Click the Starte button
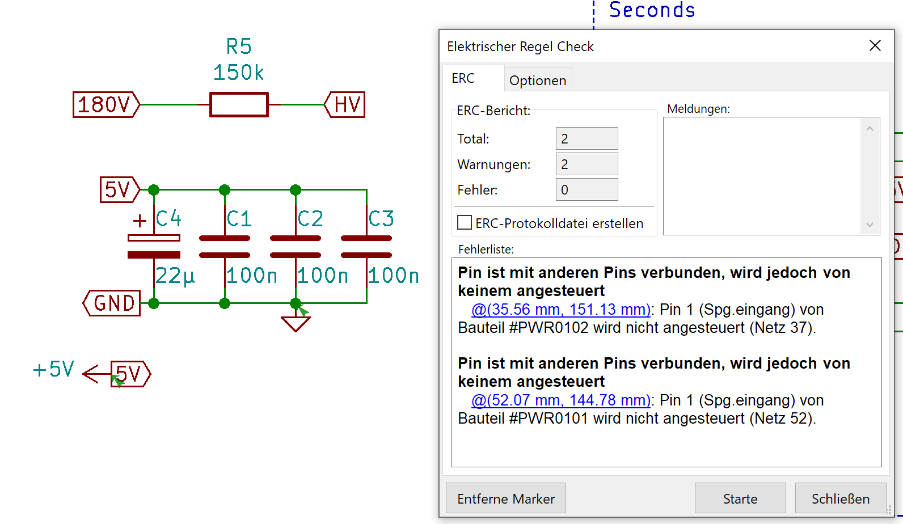[740, 498]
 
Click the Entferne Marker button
[505, 498]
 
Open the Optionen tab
[537, 81]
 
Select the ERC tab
[463, 78]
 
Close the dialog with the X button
[875, 46]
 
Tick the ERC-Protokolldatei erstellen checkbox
[465, 222]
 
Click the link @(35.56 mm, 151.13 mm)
[560, 310]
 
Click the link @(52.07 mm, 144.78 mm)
[560, 400]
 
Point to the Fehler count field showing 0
[586, 190]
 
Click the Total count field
[586, 139]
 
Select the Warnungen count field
[586, 164]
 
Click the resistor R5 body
[239, 105]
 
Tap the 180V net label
[106, 105]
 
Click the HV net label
[345, 105]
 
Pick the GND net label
[112, 303]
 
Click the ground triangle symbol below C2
[296, 323]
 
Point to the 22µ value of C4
[175, 276]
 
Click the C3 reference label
[381, 219]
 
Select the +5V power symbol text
[54, 370]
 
